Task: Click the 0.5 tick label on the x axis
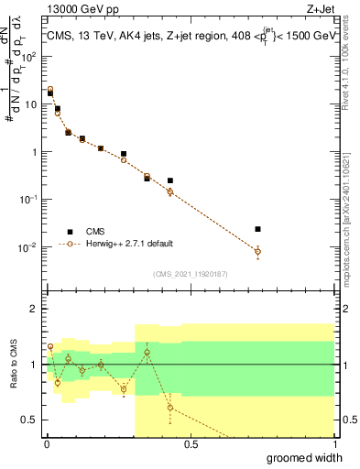pyautogui.click(x=191, y=444)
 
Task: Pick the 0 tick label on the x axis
pyautogui.click(x=47, y=444)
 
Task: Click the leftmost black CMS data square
pyautogui.click(x=50, y=93)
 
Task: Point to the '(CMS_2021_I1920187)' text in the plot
pyautogui.click(x=190, y=274)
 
